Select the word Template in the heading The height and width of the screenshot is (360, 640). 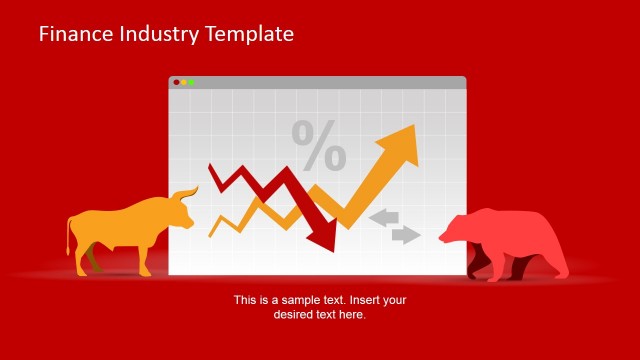[249, 34]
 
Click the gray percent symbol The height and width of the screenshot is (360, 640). [319, 146]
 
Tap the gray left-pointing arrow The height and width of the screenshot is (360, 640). [383, 217]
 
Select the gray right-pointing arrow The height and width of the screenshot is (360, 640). [405, 235]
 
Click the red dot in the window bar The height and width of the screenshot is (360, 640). [176, 82]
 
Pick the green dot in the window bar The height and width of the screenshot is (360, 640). [192, 82]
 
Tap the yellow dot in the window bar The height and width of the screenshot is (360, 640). [184, 82]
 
